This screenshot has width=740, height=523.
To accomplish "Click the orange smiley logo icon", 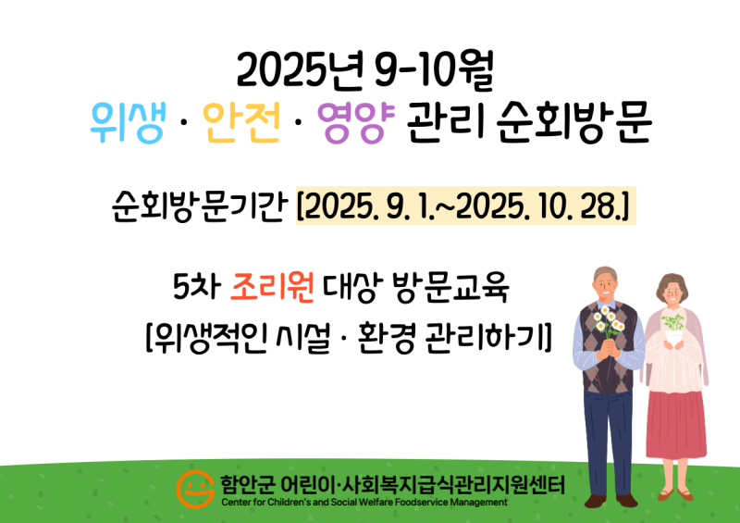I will tap(193, 489).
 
